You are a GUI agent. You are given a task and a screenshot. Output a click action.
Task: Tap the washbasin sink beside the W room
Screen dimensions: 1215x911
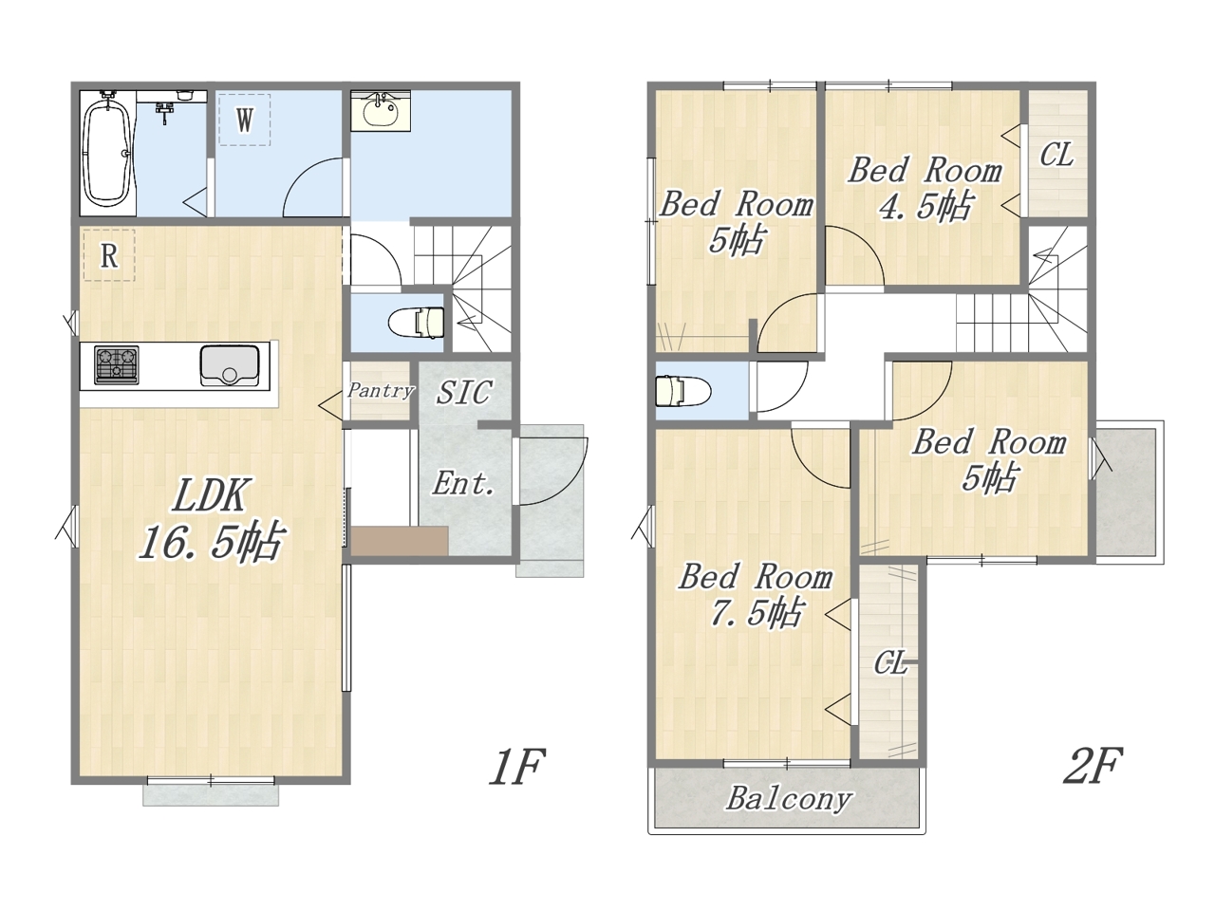[381, 112]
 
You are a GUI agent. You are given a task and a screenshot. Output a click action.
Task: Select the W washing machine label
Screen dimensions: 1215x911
[245, 119]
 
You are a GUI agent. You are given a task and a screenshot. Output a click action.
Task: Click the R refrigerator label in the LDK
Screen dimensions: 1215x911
[109, 255]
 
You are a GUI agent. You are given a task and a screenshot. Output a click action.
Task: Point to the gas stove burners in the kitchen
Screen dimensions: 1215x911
[116, 364]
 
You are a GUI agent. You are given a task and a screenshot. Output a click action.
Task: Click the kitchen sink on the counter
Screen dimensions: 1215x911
[229, 364]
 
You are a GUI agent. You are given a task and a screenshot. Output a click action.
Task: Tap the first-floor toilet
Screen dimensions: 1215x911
[418, 322]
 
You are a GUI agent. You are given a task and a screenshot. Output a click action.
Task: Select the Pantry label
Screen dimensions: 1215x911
[381, 391]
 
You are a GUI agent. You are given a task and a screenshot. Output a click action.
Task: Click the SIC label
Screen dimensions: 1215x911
[464, 392]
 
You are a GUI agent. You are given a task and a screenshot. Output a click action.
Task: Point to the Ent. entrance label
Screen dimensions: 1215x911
[463, 483]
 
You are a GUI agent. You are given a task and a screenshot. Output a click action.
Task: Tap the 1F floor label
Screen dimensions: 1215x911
[517, 766]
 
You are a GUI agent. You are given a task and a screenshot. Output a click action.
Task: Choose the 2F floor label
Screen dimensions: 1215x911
[1093, 766]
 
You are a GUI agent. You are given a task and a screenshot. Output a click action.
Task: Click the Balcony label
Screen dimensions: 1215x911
[788, 798]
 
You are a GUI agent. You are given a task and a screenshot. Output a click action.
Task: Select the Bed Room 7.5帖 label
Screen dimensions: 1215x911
[756, 595]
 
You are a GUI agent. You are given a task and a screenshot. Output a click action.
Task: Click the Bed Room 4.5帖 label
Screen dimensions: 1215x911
[925, 188]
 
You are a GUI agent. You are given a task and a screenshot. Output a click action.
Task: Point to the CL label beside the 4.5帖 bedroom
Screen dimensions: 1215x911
[1056, 155]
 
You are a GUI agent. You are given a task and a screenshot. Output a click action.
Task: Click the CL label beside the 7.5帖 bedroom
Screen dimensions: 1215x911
[890, 662]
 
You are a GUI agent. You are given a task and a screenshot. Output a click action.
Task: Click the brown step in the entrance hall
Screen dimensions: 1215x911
[399, 540]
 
